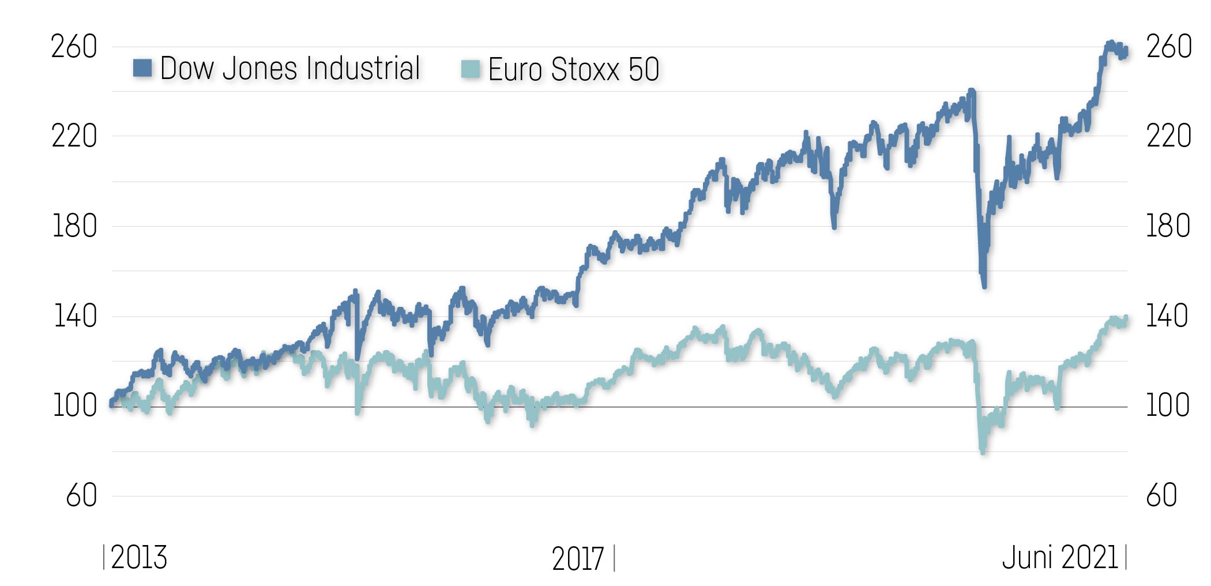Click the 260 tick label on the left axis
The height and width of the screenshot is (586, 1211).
74,47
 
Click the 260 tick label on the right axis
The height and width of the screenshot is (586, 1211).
1168,47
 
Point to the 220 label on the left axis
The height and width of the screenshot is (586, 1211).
74,137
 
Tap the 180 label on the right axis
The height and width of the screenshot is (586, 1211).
1168,226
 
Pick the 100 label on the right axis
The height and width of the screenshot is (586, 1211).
1168,406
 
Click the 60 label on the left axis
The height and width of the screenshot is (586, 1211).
81,496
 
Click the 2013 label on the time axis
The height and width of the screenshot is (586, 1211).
138,558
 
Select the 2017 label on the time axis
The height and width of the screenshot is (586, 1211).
577,559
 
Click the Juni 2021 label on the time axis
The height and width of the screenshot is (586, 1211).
1060,558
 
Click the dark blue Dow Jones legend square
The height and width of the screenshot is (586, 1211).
142,68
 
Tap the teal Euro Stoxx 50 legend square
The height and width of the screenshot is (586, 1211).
471,69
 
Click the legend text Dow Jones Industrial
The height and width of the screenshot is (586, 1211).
290,69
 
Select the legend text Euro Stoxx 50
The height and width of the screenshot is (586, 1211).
573,70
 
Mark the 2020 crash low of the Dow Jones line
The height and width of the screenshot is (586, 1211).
984,286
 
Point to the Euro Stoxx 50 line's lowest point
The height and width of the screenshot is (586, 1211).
983,452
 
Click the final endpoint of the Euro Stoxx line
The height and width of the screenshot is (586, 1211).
1126,317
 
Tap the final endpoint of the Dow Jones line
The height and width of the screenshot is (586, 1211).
1126,51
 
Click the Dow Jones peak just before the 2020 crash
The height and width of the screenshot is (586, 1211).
972,91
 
